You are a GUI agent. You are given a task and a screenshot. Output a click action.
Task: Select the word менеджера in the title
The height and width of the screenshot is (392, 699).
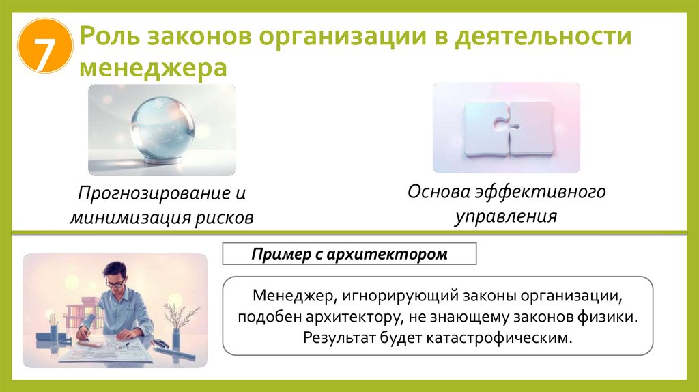(x=152, y=68)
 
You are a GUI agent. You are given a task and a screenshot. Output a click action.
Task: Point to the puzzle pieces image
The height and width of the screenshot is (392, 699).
(x=506, y=128)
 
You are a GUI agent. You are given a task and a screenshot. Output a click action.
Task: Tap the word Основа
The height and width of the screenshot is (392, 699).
(x=439, y=191)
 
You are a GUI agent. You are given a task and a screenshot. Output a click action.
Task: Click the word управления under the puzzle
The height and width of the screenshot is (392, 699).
(x=506, y=216)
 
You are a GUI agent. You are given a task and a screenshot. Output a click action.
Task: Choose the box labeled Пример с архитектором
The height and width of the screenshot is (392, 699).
(x=349, y=255)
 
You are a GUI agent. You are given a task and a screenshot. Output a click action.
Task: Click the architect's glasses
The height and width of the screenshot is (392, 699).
(x=115, y=281)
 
